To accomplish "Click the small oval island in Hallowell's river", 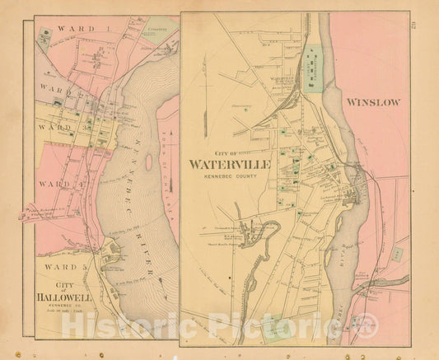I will point(148,162).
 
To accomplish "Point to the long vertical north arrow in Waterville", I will point(306,58).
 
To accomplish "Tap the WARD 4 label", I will point(58,184).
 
